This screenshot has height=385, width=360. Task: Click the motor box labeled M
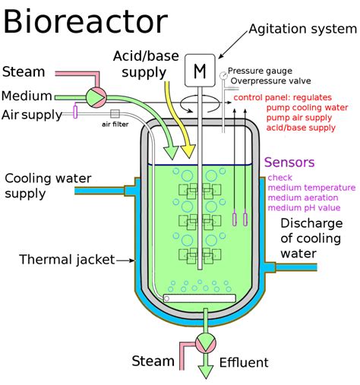[200, 71]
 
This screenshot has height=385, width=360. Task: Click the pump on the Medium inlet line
[96, 96]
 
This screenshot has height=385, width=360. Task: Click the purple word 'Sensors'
[289, 163]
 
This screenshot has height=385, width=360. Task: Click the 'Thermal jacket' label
[66, 260]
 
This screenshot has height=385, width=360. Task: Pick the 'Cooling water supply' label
[43, 186]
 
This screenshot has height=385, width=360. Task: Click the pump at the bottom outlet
[206, 342]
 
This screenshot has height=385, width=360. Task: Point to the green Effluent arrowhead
[206, 371]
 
